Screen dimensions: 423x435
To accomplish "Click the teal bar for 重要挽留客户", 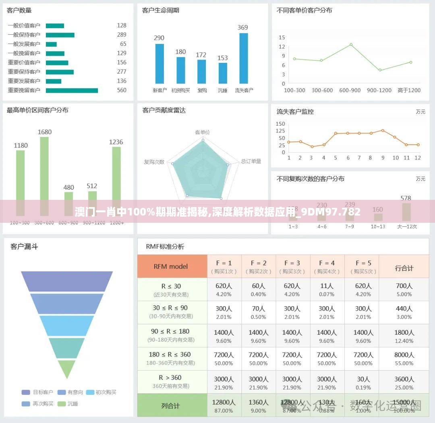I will (72, 90).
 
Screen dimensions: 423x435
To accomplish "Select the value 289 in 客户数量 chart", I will (122, 35).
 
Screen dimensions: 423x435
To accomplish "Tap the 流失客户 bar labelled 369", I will (243, 58).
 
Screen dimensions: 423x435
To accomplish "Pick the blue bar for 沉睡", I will (223, 73).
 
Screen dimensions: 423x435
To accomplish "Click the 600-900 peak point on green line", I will (351, 44).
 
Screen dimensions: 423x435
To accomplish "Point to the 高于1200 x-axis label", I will (409, 90).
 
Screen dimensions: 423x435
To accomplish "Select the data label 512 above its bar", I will (92, 186).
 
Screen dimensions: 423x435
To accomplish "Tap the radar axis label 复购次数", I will (154, 162).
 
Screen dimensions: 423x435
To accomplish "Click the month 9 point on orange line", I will (383, 130).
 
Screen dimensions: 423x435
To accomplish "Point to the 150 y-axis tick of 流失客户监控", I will (281, 124).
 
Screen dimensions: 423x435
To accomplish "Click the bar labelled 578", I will (406, 212).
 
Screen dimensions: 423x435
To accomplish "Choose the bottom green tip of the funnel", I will (66, 369).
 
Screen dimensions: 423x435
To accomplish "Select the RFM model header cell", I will (172, 266).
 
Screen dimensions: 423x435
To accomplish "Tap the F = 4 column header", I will (327, 267).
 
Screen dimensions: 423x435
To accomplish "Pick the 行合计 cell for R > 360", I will (404, 382).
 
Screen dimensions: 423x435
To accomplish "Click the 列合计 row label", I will (171, 406).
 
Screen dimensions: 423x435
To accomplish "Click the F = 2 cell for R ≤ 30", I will (259, 289).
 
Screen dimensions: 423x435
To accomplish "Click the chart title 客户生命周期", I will (161, 10).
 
